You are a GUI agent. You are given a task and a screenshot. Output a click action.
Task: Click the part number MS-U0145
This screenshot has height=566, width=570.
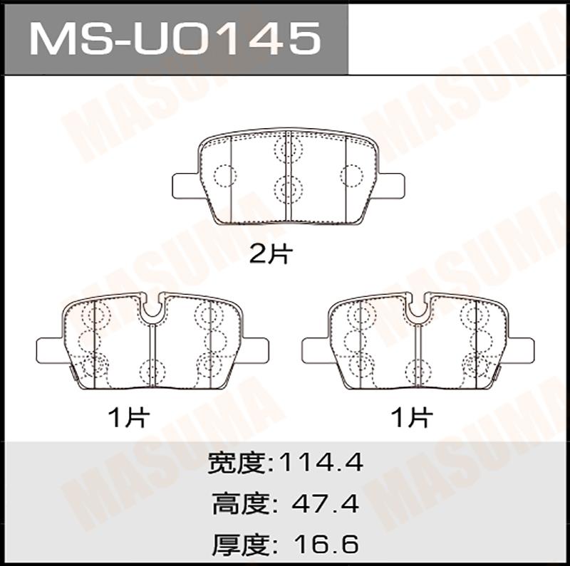[x=175, y=38]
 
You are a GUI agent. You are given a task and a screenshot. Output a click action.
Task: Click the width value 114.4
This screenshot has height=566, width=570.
[x=321, y=463]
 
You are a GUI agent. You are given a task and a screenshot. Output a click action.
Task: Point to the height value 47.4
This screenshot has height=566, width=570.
[x=325, y=503]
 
